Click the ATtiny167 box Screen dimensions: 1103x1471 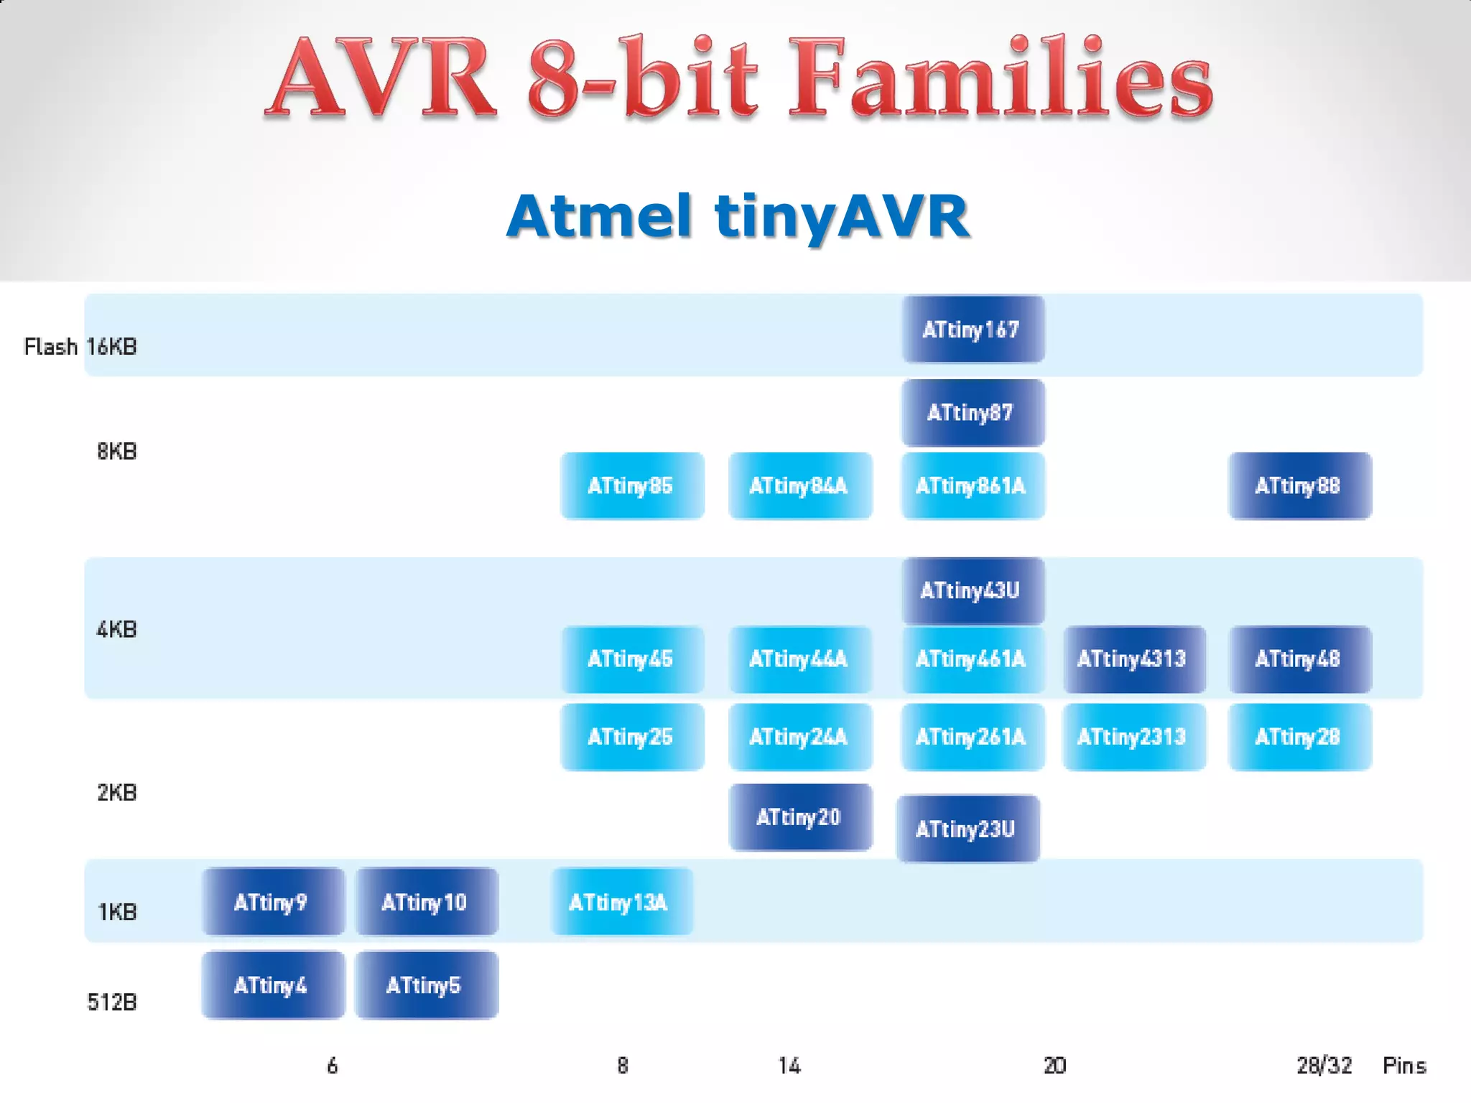973,330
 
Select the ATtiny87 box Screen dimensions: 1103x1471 973,413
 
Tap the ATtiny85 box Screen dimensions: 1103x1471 631,486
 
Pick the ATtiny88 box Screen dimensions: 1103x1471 1299,486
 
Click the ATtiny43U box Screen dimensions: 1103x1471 973,590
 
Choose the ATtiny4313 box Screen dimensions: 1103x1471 1133,659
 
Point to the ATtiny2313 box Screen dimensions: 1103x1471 1133,737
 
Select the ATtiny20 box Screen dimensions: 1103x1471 800,817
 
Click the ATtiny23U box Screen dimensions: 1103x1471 967,829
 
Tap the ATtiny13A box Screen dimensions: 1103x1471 621,902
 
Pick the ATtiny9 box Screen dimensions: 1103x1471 273,902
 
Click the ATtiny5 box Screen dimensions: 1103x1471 426,985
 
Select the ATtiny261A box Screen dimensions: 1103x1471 973,737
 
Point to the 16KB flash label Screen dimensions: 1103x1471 112,347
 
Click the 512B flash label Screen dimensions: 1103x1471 112,1002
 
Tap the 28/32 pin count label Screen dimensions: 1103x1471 1324,1065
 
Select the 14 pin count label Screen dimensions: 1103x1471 789,1065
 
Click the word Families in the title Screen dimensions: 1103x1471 1000,79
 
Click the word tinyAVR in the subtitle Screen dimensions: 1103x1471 842,216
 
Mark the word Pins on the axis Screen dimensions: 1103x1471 1404,1065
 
